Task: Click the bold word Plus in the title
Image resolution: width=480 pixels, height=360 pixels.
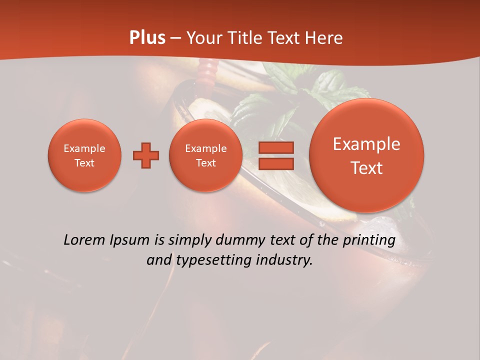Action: [x=147, y=38]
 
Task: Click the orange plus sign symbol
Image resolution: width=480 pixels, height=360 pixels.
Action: [x=145, y=155]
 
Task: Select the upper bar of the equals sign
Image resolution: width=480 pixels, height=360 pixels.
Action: [x=276, y=148]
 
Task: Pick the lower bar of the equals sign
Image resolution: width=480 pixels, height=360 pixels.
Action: [x=276, y=163]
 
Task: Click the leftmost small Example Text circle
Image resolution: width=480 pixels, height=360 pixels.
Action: [x=84, y=155]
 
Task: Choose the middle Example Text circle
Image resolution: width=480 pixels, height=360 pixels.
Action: [x=206, y=155]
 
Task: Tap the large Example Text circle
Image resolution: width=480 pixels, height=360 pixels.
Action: [x=366, y=155]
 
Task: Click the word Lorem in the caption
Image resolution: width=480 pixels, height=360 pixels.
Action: [x=84, y=240]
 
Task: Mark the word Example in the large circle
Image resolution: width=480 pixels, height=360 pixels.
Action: [x=366, y=144]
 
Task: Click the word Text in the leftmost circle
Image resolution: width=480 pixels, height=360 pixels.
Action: [x=84, y=163]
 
